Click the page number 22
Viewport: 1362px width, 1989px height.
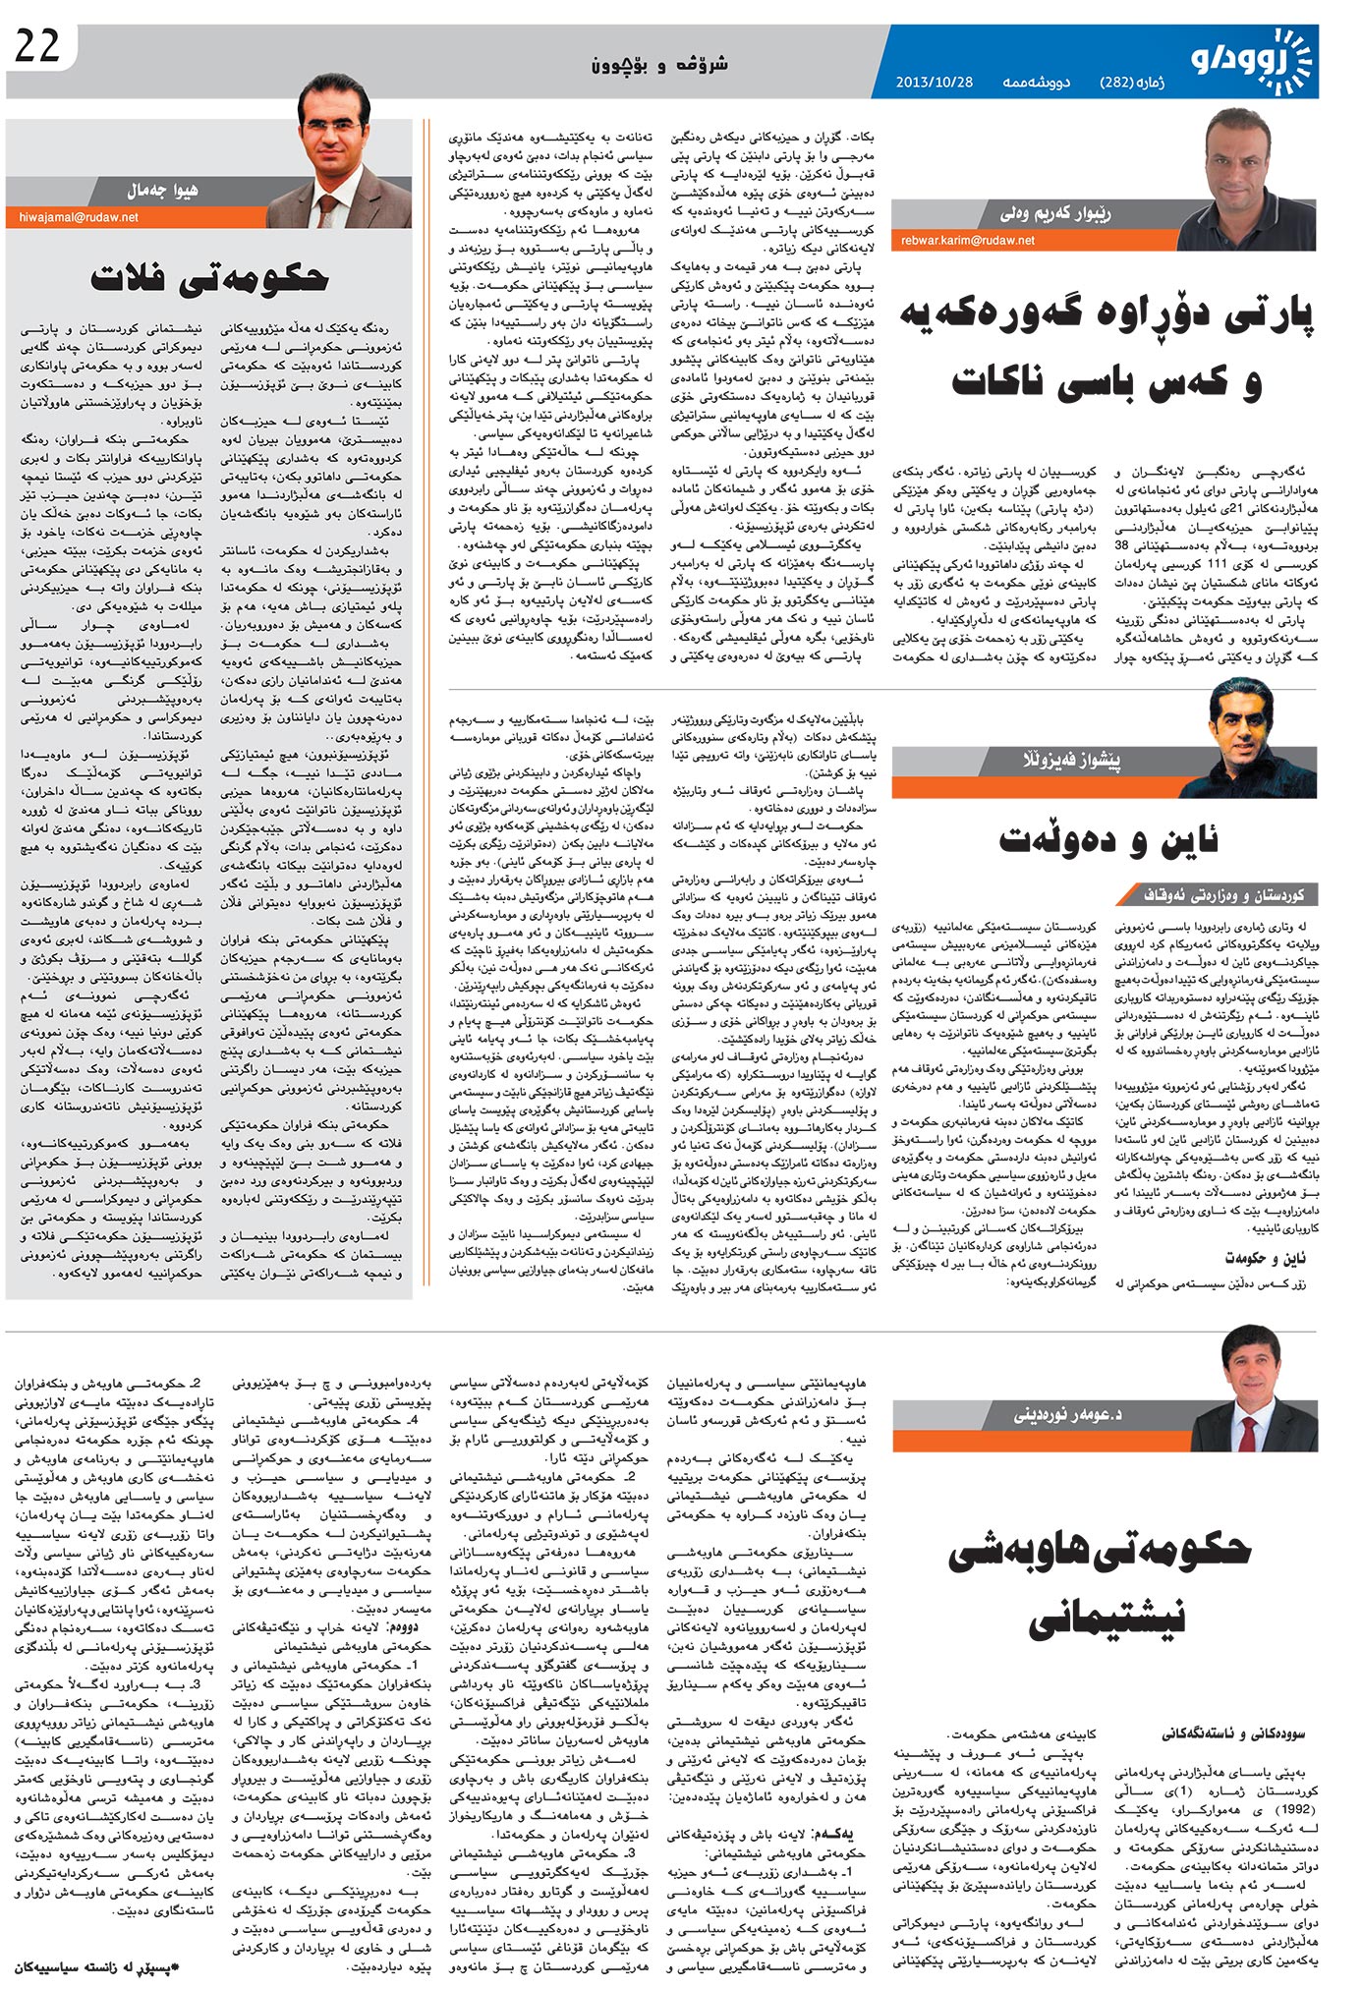point(37,47)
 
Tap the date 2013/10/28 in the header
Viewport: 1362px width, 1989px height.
point(934,82)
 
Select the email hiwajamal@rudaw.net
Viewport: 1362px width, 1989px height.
point(79,217)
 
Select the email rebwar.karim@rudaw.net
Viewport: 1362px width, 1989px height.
point(967,240)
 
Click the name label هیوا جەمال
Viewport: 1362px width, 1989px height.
point(162,190)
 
